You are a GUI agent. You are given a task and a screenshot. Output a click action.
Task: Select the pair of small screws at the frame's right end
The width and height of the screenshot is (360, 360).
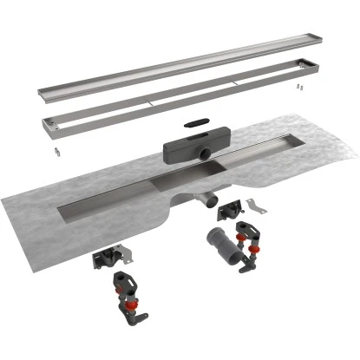coord(298,88)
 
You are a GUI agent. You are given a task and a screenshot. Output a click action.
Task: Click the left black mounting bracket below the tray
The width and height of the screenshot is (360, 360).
coord(109,257)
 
